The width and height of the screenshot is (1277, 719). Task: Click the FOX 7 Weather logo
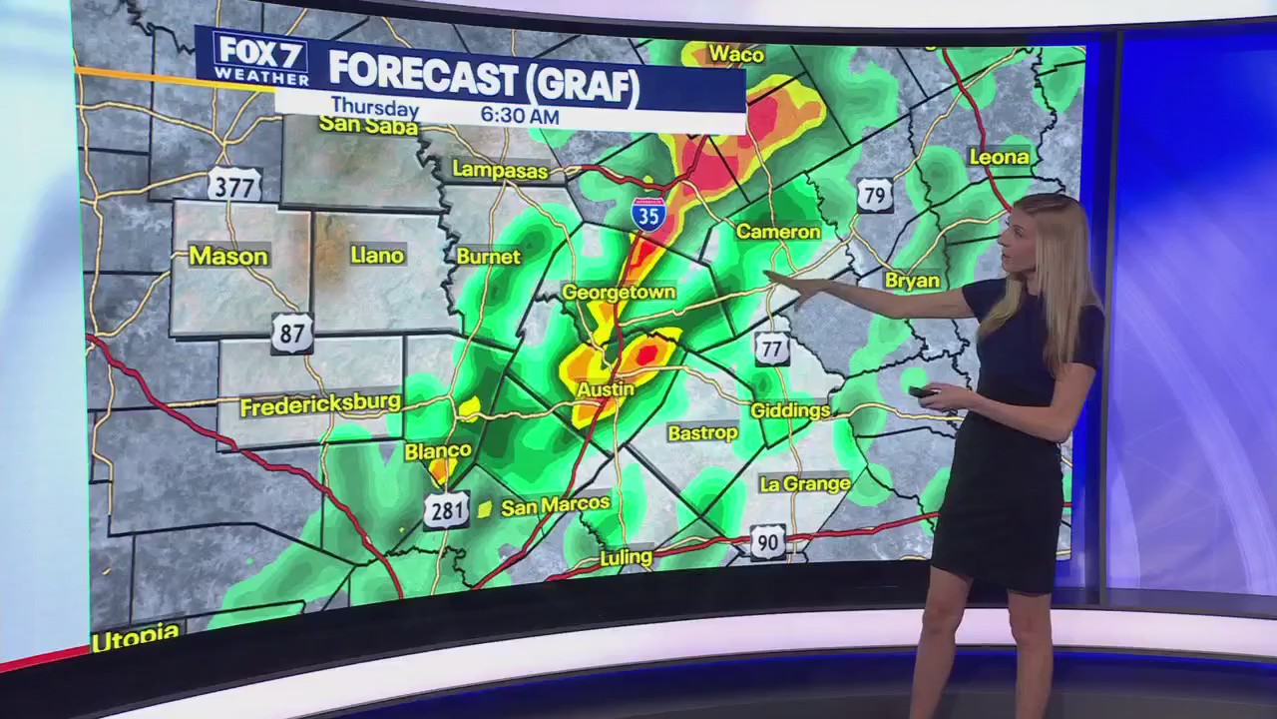click(x=261, y=59)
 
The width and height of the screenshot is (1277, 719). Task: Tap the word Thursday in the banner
click(x=374, y=107)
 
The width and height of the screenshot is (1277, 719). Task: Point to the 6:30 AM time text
click(x=520, y=115)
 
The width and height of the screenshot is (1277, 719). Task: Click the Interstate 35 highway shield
click(x=648, y=214)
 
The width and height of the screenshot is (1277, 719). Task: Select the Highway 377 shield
click(x=234, y=184)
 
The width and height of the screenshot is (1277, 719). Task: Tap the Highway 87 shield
click(x=291, y=333)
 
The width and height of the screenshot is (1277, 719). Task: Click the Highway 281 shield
click(x=446, y=511)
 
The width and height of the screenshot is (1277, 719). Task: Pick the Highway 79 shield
click(x=875, y=194)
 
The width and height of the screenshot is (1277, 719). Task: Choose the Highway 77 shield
click(x=771, y=348)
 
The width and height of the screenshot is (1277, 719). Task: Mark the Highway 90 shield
click(x=767, y=542)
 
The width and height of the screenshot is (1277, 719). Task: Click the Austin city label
click(x=606, y=389)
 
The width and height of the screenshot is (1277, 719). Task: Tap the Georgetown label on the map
click(x=619, y=293)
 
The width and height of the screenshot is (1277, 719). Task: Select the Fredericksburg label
click(x=320, y=404)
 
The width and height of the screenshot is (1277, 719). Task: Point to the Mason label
click(x=228, y=257)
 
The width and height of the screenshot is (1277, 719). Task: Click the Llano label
click(x=377, y=256)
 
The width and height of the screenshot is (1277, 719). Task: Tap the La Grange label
click(x=805, y=484)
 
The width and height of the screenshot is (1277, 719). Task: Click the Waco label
click(x=736, y=55)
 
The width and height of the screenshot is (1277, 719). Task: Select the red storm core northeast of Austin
click(x=645, y=353)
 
